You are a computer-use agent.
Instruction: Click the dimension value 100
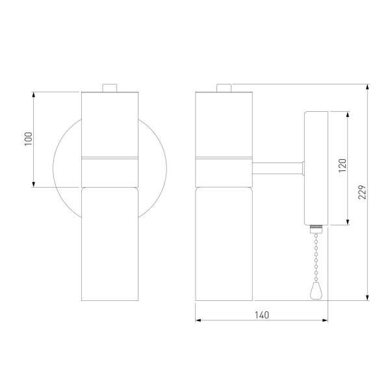coord(29,139)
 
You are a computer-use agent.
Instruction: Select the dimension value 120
coord(343,165)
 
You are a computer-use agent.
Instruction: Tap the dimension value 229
coord(362,192)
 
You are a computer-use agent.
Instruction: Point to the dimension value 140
coord(262,315)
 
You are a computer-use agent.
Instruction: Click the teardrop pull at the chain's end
coord(316,292)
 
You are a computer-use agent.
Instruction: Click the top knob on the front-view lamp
coord(110,88)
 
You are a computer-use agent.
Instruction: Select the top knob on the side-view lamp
coord(224,88)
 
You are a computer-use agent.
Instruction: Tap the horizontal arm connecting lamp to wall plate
coord(278,168)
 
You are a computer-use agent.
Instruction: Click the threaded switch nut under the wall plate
coord(316,229)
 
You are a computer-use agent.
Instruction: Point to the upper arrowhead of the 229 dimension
coord(368,87)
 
